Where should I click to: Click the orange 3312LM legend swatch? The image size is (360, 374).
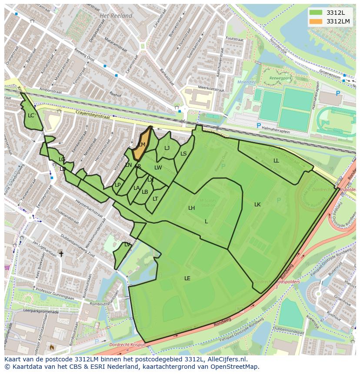[316, 21]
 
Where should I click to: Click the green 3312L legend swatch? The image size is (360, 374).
[316, 12]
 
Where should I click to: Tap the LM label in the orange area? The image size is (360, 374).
[142, 145]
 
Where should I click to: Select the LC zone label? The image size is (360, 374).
[31, 116]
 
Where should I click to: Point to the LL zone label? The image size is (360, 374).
[276, 161]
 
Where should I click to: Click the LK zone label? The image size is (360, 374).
[257, 204]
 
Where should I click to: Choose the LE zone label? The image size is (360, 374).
[187, 278]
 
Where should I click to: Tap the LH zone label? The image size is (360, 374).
[191, 208]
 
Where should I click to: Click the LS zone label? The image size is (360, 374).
[183, 154]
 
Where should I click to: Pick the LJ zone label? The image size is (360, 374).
[167, 148]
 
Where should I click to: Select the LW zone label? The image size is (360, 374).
[158, 168]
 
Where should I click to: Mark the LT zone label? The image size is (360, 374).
[155, 199]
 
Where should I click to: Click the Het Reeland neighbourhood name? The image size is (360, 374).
[116, 16]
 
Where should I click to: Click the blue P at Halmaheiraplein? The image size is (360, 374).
[259, 126]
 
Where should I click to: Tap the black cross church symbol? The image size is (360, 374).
[61, 253]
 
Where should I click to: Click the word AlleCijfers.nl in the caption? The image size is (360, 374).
[226, 359]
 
